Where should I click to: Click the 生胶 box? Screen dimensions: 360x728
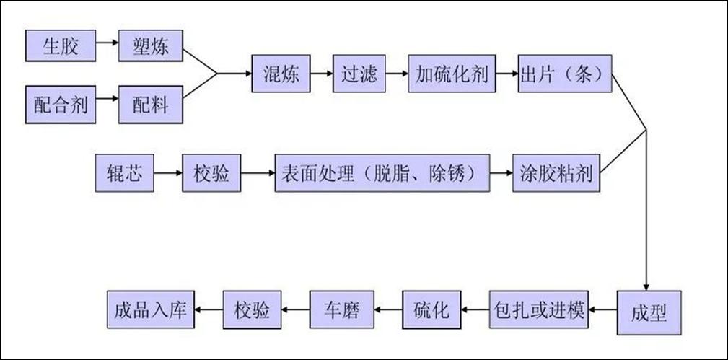click(x=61, y=48)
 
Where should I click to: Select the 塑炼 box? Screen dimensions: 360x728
click(x=150, y=48)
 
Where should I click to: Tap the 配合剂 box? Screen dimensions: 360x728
click(x=61, y=104)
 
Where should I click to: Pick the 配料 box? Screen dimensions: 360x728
click(x=150, y=104)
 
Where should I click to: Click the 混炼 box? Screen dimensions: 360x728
click(x=281, y=74)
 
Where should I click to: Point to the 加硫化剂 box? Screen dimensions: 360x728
click(x=452, y=74)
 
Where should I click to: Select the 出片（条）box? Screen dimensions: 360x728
click(x=565, y=74)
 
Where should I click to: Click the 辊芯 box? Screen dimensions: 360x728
click(x=124, y=174)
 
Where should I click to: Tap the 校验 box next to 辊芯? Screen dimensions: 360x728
click(x=211, y=174)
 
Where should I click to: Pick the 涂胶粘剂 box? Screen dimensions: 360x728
click(x=556, y=174)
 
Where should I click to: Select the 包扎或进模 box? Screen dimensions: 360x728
click(x=539, y=309)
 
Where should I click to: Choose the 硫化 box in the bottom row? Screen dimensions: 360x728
click(x=431, y=309)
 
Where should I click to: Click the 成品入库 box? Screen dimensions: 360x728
click(x=151, y=309)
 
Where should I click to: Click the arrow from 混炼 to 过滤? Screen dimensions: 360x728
click(x=321, y=74)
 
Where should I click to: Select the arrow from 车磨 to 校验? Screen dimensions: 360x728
click(x=296, y=309)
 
